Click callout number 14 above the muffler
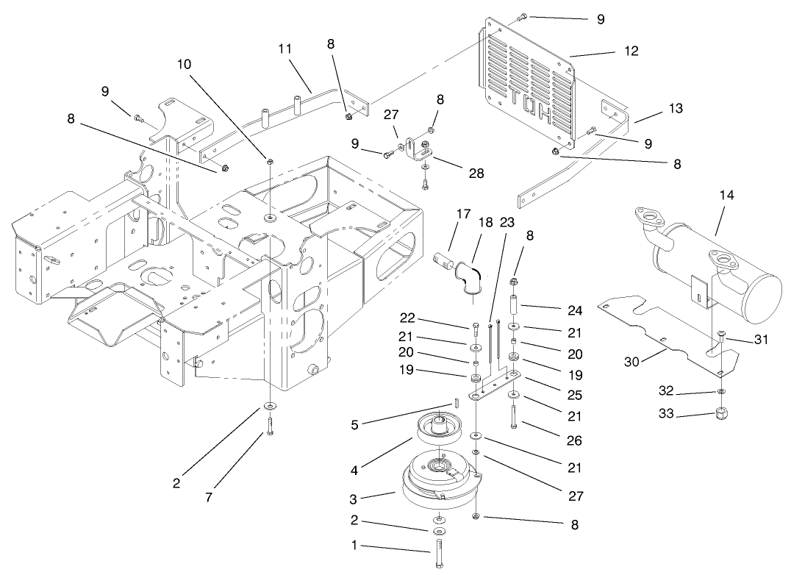pyautogui.click(x=727, y=196)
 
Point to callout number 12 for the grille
pyautogui.click(x=631, y=51)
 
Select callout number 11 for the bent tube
pyautogui.click(x=285, y=49)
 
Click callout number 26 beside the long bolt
pyautogui.click(x=574, y=441)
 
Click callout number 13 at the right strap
pyautogui.click(x=676, y=108)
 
